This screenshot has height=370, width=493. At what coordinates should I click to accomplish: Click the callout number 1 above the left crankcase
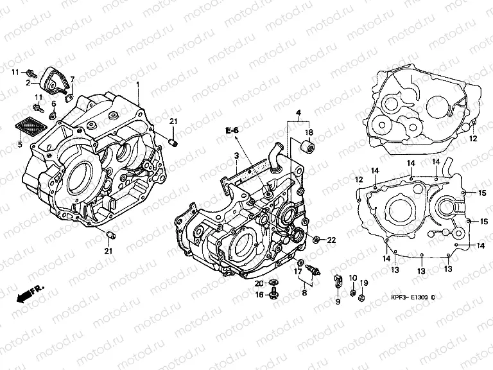(x=137, y=84)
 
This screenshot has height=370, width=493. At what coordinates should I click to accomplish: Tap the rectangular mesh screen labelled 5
(x=33, y=125)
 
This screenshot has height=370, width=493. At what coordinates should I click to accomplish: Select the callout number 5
(x=19, y=145)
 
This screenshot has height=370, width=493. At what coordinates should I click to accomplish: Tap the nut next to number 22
(x=317, y=240)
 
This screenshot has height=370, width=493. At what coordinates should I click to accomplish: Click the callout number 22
(x=332, y=240)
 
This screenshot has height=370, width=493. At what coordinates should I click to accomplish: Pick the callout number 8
(x=304, y=293)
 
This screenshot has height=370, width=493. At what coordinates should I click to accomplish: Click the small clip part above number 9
(x=336, y=280)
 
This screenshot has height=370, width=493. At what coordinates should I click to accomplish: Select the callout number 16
(x=260, y=295)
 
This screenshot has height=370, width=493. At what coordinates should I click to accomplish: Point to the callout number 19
(x=363, y=283)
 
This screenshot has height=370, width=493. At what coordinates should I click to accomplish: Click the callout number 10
(x=352, y=278)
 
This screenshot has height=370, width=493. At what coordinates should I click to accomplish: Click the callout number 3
(x=236, y=156)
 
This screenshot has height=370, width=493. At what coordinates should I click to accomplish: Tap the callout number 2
(x=28, y=83)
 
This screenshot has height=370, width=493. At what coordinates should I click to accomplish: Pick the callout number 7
(x=73, y=79)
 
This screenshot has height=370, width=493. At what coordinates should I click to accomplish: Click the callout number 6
(x=54, y=103)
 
